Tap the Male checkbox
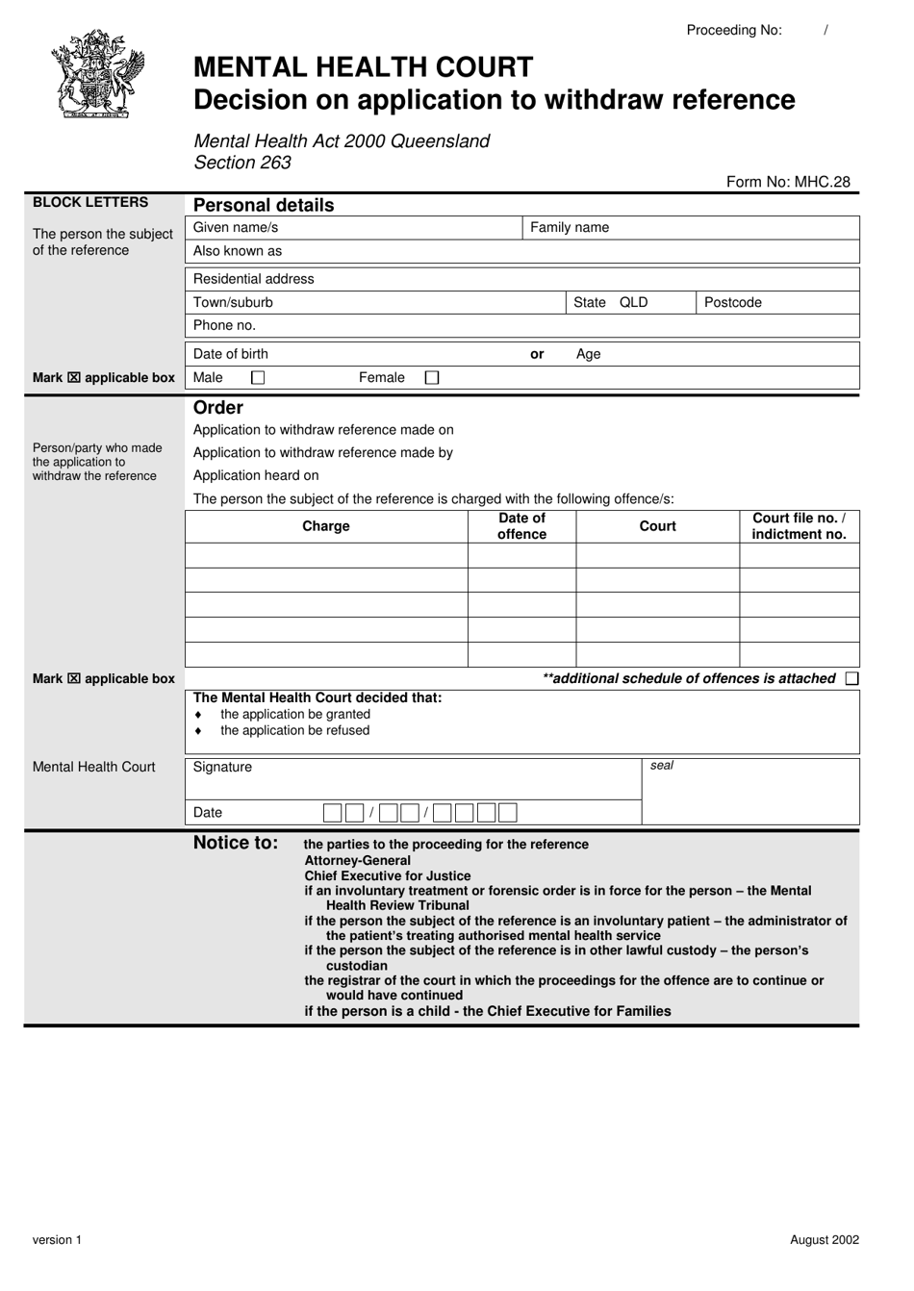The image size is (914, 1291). click(x=258, y=378)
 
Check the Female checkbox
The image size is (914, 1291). click(x=432, y=378)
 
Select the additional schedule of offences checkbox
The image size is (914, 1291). click(x=851, y=679)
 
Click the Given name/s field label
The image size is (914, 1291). click(x=236, y=228)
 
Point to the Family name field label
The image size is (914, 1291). click(x=570, y=228)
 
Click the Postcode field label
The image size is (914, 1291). click(x=733, y=302)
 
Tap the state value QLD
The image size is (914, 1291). click(x=634, y=302)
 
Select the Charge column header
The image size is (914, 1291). click(x=326, y=526)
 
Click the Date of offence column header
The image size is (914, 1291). click(x=521, y=526)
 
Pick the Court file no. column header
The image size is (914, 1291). click(x=799, y=526)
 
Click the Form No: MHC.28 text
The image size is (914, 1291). click(x=788, y=182)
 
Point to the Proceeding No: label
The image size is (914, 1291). click(x=734, y=30)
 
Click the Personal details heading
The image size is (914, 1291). click(x=264, y=205)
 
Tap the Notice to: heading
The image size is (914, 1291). click(x=236, y=844)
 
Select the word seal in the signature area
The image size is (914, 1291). click(x=662, y=766)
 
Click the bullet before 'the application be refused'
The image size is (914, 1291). click(x=198, y=731)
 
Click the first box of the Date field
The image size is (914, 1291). click(x=332, y=813)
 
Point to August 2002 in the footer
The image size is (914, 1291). click(x=825, y=1240)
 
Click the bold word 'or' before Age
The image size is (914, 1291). click(x=537, y=354)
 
